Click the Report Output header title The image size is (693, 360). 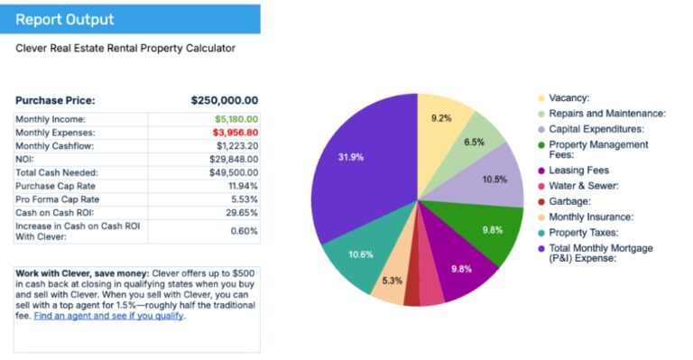[64, 19]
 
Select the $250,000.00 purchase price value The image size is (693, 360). [225, 100]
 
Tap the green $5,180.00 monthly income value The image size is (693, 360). [236, 119]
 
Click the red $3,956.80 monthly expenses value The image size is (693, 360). [236, 132]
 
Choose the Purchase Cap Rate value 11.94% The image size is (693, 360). [242, 185]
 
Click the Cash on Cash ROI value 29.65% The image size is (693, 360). [241, 212]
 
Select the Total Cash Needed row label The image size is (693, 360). [57, 171]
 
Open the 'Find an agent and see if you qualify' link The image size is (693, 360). [108, 316]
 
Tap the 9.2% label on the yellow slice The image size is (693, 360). [440, 118]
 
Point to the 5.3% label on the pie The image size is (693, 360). [393, 281]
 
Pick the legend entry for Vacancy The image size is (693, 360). [568, 97]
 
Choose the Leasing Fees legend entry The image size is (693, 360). [578, 171]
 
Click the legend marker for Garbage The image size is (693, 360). [541, 202]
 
